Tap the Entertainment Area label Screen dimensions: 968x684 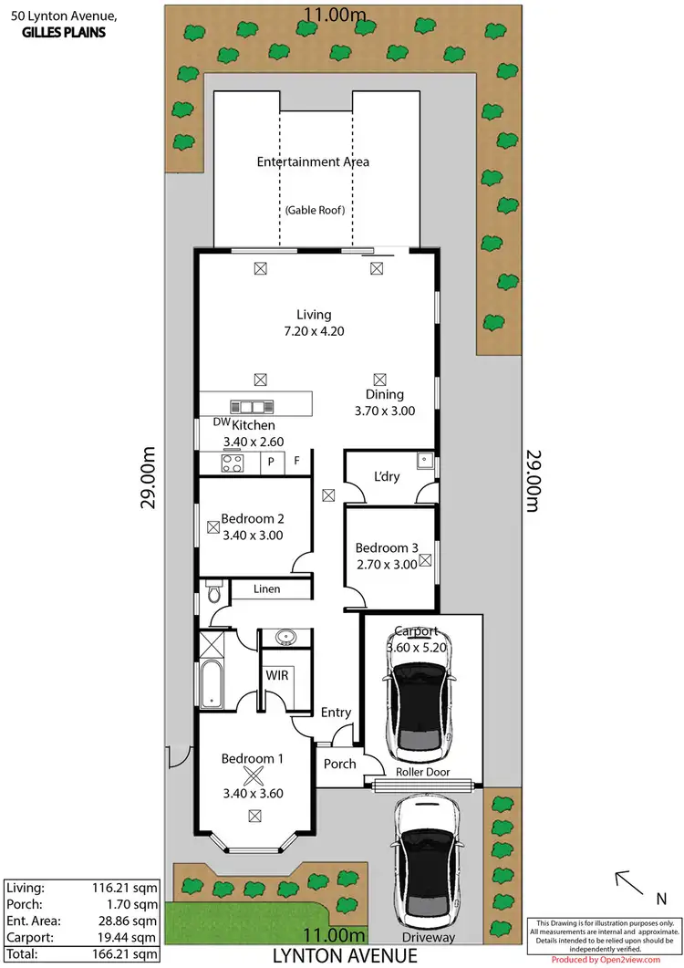pyautogui.click(x=313, y=161)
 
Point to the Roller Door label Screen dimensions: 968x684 pyautogui.click(x=420, y=772)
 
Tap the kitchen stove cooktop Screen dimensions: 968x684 pyautogui.click(x=233, y=463)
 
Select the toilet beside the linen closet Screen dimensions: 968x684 pyautogui.click(x=213, y=592)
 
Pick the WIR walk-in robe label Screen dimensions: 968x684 pyautogui.click(x=277, y=676)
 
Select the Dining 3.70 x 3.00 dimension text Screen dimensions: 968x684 pyautogui.click(x=384, y=411)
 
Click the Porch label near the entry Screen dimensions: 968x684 pyautogui.click(x=339, y=763)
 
